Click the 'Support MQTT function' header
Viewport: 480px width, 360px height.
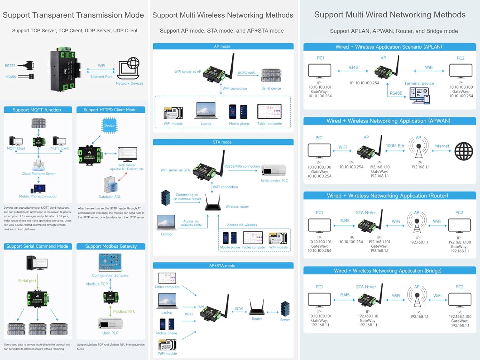click(37, 110)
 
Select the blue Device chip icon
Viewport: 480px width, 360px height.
click(109, 125)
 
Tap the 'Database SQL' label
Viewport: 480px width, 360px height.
click(110, 197)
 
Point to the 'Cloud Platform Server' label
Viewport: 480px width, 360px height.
click(39, 174)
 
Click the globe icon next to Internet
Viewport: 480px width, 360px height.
click(464, 151)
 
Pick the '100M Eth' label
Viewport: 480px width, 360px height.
click(395, 146)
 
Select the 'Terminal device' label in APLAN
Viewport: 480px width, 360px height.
click(419, 84)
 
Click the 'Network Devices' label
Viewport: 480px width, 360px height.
click(130, 84)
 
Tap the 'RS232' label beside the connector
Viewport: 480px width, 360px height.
click(10, 66)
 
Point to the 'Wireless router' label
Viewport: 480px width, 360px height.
click(237, 207)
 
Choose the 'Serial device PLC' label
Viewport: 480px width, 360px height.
click(274, 181)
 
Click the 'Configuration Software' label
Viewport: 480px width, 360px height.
click(110, 276)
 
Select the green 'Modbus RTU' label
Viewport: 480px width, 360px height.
click(124, 311)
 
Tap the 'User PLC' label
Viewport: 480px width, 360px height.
click(110, 333)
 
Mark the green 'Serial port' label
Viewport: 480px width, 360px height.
click(27, 281)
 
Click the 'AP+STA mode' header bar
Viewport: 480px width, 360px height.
click(223, 266)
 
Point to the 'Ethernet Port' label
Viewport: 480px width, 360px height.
click(101, 77)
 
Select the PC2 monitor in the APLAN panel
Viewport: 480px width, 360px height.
click(460, 70)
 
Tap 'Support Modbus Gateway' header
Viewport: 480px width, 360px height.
click(111, 246)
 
